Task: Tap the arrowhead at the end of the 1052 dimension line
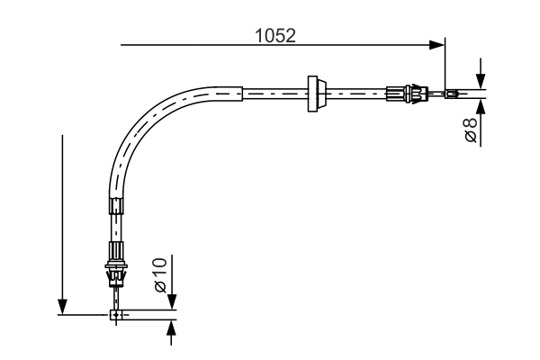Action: point(438,43)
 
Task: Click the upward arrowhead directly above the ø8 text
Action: point(481,106)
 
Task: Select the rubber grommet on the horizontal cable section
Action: point(314,94)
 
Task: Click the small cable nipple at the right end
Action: point(452,93)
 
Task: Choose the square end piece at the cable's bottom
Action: point(116,315)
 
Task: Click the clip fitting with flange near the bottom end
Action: point(115,266)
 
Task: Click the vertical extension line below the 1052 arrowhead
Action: point(445,67)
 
